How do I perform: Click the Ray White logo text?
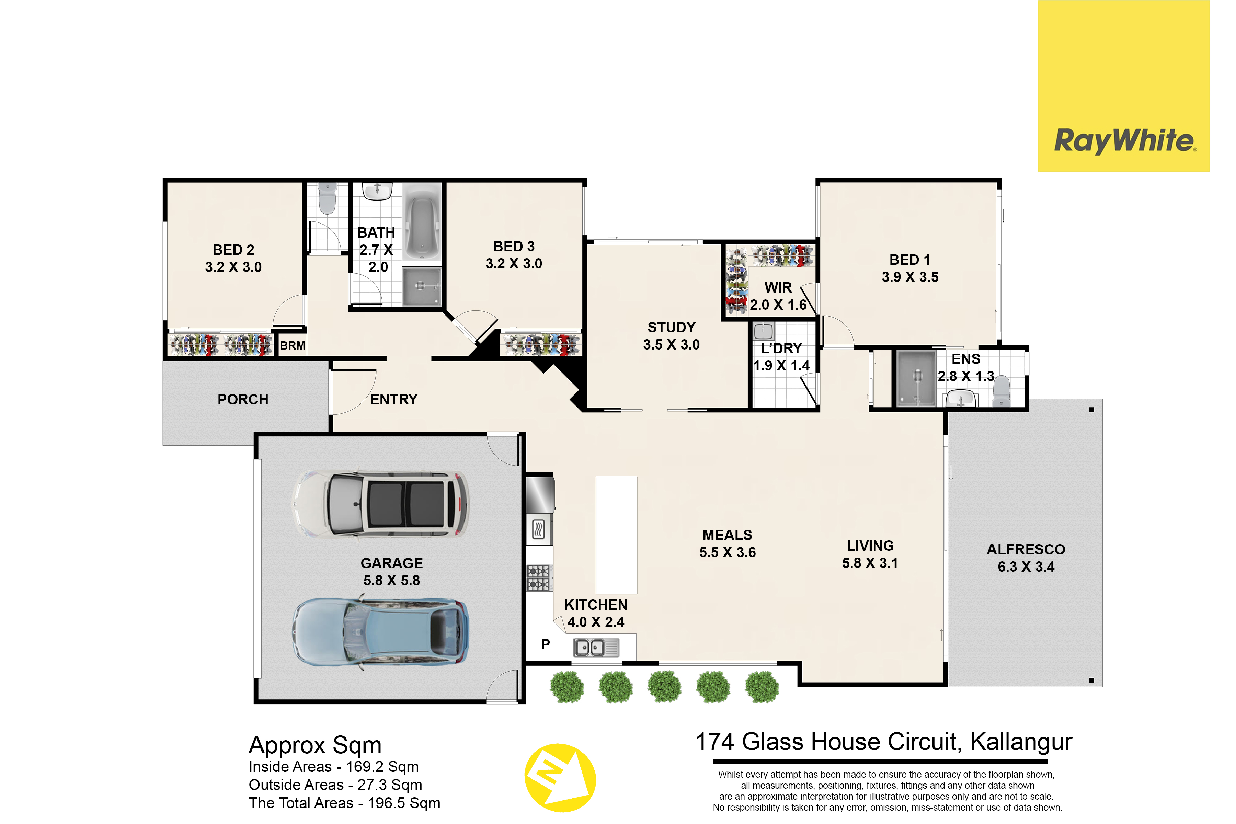click(x=1125, y=141)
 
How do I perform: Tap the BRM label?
click(x=293, y=346)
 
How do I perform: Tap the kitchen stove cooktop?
click(x=539, y=577)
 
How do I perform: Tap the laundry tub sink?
click(x=763, y=331)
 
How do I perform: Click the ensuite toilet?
click(x=1001, y=391)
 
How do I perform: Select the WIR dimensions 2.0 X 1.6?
click(x=778, y=305)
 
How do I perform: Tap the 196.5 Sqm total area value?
click(x=404, y=803)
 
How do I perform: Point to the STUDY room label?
click(x=672, y=328)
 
